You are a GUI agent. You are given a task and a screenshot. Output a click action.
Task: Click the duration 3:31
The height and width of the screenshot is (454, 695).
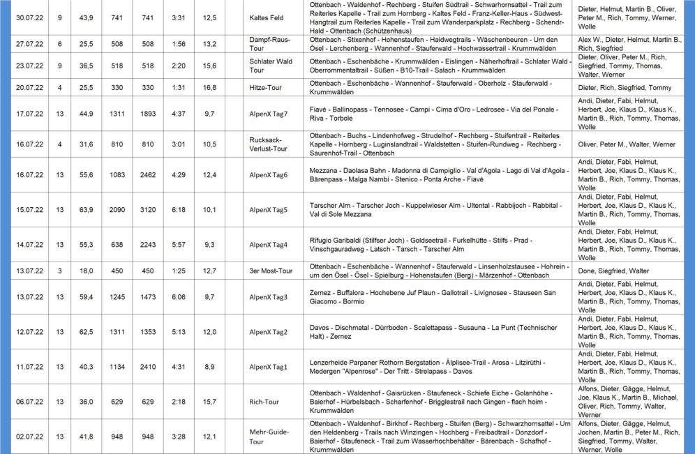coord(177,17)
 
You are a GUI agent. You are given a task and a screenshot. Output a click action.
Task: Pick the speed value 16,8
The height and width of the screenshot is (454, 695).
coord(209,88)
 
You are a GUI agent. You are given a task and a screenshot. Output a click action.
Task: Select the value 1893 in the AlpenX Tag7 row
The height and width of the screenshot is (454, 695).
coord(147,114)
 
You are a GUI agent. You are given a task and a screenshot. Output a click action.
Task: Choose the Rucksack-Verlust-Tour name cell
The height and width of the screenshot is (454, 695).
coord(268,144)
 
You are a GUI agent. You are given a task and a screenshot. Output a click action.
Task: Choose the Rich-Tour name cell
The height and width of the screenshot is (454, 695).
coord(265,402)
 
